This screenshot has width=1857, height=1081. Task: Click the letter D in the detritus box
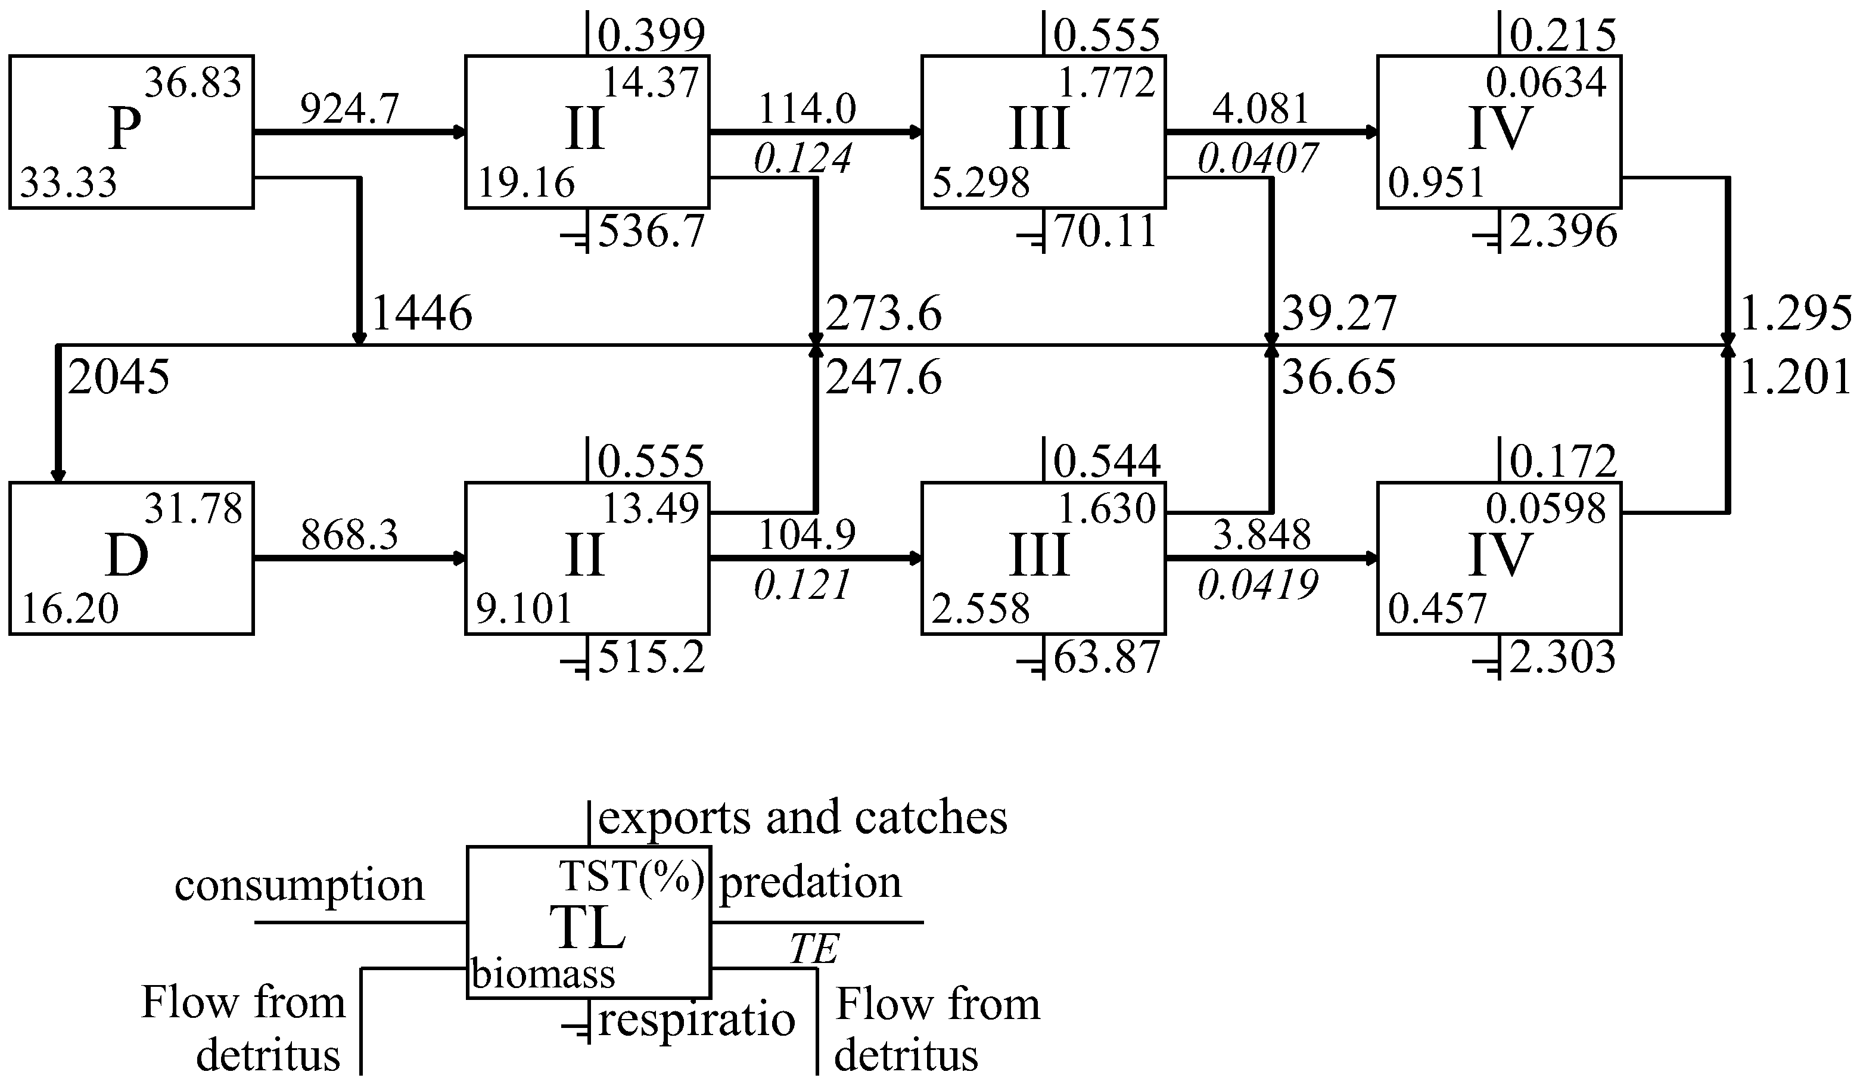[x=127, y=557]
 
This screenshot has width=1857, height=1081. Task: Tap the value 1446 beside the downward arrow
[x=422, y=313]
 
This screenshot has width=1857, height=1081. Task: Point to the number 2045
[x=119, y=377]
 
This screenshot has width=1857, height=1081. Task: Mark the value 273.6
[x=883, y=314]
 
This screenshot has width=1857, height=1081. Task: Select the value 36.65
[x=1338, y=378]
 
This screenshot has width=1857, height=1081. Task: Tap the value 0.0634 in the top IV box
[x=1545, y=82]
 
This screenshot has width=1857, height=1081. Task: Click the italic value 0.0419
[x=1257, y=586]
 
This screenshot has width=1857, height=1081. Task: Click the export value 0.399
[x=651, y=35]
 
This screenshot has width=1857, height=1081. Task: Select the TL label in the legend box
[x=587, y=927]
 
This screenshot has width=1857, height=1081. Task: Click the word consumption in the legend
[x=299, y=885]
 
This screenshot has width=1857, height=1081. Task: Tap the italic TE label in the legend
[x=814, y=949]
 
